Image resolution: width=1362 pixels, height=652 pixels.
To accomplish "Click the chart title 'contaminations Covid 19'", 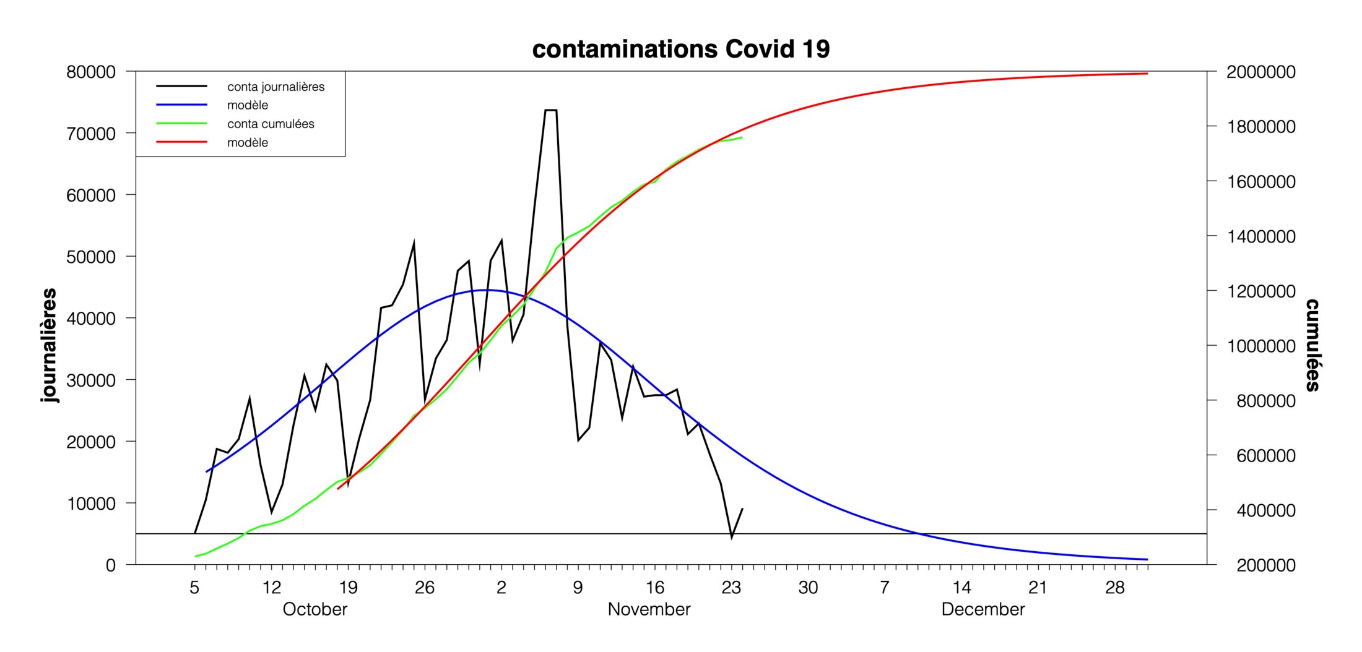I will (x=680, y=49).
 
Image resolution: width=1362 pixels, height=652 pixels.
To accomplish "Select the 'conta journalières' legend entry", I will (x=275, y=87).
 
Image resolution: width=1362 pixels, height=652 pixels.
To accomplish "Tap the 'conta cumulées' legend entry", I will (x=271, y=124).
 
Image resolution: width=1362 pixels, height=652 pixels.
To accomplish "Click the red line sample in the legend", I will (x=181, y=142).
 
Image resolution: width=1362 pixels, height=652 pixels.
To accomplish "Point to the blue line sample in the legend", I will (x=181, y=105).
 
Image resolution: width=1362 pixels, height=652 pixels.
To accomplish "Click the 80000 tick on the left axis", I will (x=91, y=72).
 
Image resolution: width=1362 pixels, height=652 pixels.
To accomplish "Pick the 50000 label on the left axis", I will (x=91, y=257).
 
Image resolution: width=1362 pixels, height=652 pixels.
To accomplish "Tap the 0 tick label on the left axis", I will (x=111, y=565).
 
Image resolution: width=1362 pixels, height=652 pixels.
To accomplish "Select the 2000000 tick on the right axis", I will (x=1261, y=72).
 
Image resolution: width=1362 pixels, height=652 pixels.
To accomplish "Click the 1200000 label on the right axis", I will (x=1261, y=291).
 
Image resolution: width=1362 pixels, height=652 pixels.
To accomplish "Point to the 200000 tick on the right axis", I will (x=1265, y=565).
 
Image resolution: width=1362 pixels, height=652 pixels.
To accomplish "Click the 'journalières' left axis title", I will (x=48, y=345).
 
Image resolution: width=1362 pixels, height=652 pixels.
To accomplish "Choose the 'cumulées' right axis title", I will (x=1312, y=345).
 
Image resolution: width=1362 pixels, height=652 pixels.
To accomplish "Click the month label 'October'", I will (x=314, y=609).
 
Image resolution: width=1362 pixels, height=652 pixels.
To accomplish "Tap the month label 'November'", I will (x=649, y=609).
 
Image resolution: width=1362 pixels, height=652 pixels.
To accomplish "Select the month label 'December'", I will (x=982, y=609).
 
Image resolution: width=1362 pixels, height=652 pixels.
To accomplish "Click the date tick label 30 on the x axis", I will (x=808, y=588).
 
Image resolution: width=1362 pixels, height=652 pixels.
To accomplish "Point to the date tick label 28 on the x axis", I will (x=1114, y=588).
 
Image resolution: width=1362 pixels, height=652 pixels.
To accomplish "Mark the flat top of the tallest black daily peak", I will (x=551, y=110).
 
